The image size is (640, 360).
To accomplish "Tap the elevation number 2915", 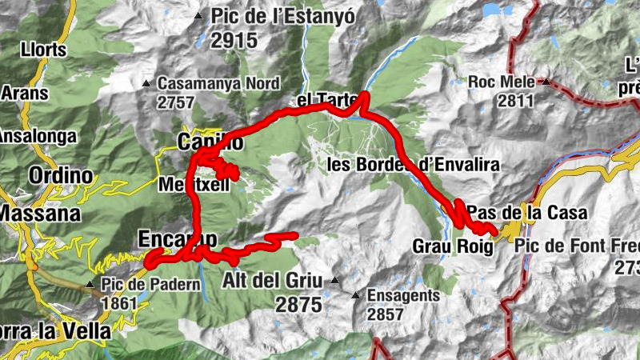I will point(234,40).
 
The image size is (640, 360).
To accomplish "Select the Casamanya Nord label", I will point(218,83).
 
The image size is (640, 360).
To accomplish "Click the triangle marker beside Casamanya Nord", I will point(146,83).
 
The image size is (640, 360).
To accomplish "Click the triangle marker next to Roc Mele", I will point(545,82).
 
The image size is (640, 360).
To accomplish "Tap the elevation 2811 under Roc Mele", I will point(514,100).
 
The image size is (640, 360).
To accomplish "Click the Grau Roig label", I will point(453,246).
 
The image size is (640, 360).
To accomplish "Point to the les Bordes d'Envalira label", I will point(414,165).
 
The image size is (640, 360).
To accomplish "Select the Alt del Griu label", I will point(271,281).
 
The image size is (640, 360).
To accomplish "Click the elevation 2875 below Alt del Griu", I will point(298,304).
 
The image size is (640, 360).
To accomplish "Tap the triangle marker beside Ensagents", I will point(356,295).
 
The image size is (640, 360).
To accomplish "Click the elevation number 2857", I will point(386,314).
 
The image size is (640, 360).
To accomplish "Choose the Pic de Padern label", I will point(150,284).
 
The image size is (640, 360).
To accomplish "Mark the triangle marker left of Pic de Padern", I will point(90,284).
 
